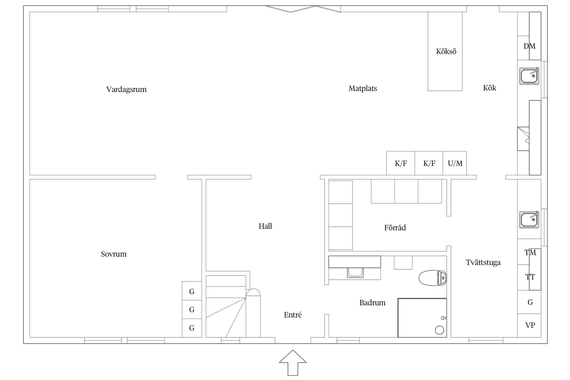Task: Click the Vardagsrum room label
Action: [x=126, y=89]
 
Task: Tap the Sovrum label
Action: [x=114, y=254]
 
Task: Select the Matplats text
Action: [x=363, y=88]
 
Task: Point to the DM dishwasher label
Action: [x=529, y=46]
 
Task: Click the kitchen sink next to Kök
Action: [x=529, y=76]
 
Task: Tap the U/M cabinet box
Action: [x=455, y=163]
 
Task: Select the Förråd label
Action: [x=395, y=228]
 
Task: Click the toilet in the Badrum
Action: [x=433, y=278]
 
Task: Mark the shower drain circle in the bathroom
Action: [x=439, y=330]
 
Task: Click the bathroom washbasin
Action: [x=355, y=272]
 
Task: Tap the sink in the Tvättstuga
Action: [x=529, y=220]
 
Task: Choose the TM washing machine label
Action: [x=530, y=253]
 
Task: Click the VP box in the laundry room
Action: [x=530, y=325]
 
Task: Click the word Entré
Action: [x=293, y=315]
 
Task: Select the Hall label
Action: [x=265, y=226]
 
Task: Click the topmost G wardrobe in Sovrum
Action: [x=192, y=291]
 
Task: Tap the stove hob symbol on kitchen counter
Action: [x=523, y=139]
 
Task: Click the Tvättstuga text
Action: [x=483, y=262]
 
